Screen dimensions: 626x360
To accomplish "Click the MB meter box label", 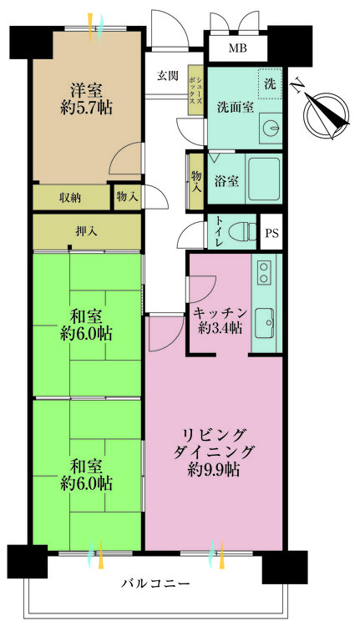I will [x=237, y=48].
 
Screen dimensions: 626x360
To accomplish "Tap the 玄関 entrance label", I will [x=167, y=76].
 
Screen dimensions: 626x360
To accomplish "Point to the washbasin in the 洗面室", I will [x=269, y=127].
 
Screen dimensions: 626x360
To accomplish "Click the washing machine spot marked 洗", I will [x=270, y=83].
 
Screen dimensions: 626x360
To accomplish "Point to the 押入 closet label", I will [x=85, y=231].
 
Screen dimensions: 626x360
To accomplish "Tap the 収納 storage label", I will [x=70, y=198].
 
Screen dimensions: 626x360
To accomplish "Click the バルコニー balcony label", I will [x=155, y=583].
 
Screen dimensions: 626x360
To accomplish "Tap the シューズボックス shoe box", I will [x=196, y=85].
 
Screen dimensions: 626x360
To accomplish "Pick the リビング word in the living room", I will [x=215, y=434].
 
